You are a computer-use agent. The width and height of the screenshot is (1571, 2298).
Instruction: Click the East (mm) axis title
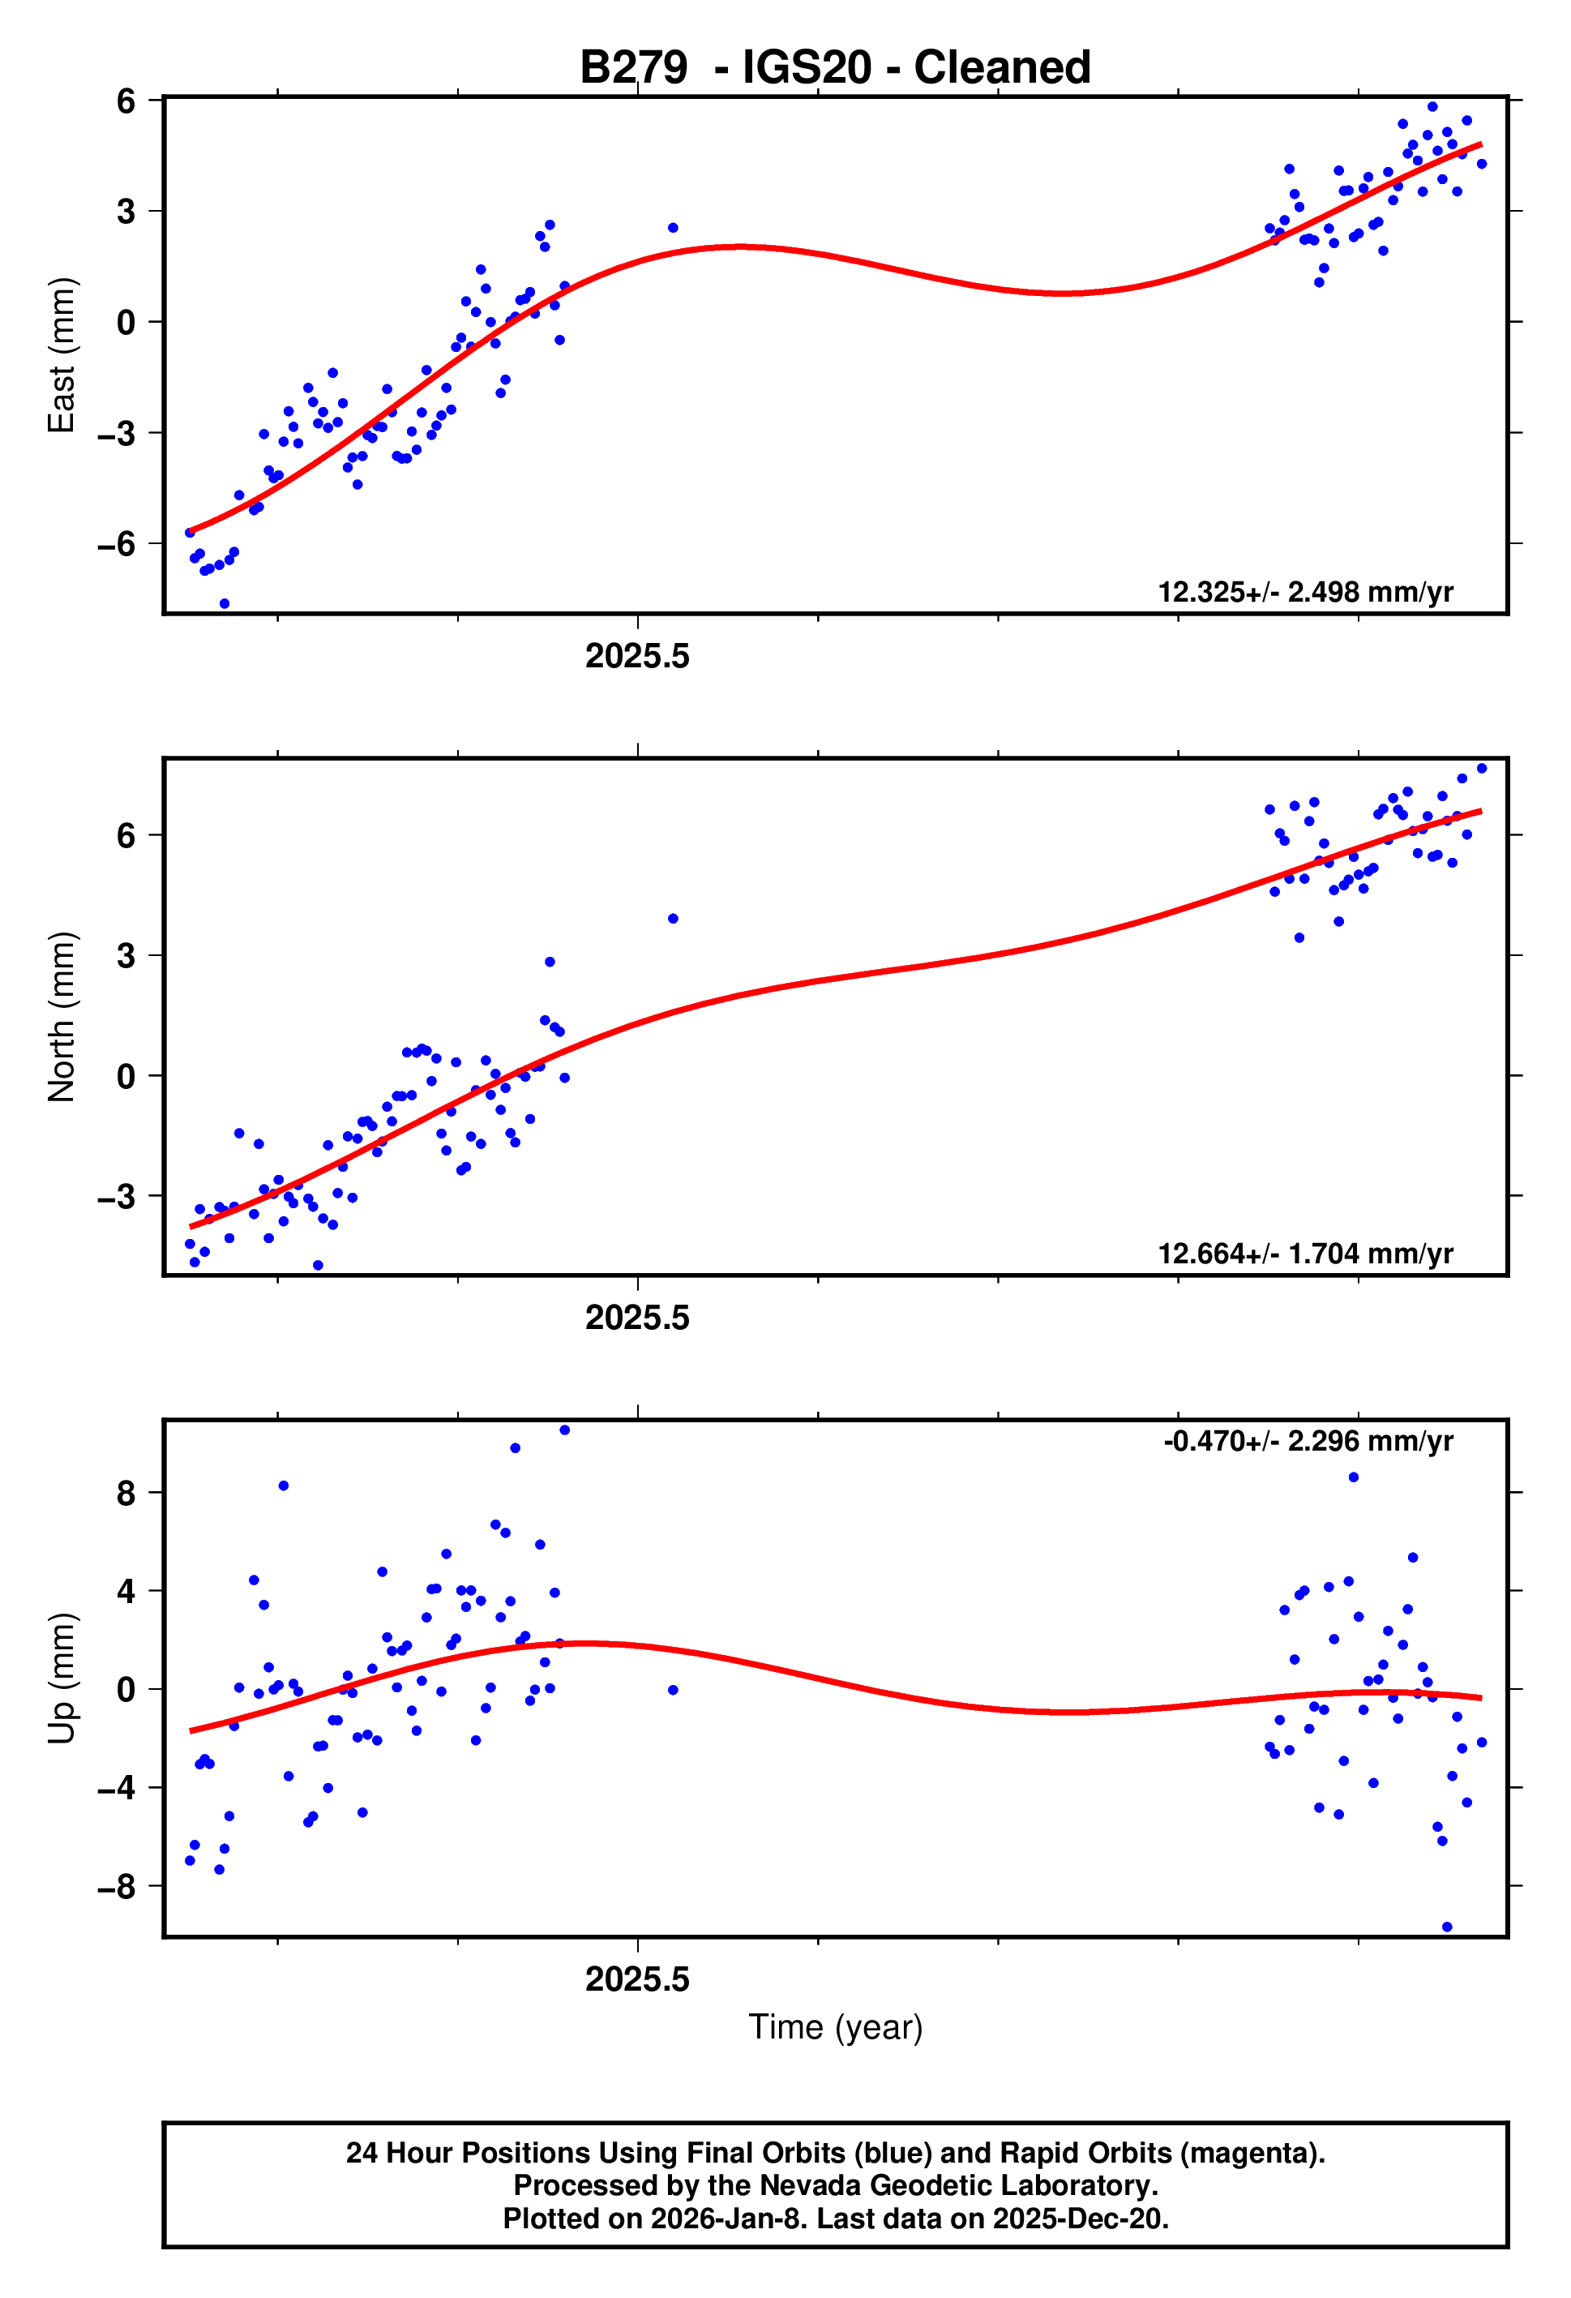pyautogui.click(x=62, y=355)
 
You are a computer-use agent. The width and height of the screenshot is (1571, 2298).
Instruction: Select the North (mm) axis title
pyautogui.click(x=62, y=1017)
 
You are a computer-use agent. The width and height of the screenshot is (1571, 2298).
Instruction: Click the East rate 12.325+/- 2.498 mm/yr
pyautogui.click(x=1304, y=592)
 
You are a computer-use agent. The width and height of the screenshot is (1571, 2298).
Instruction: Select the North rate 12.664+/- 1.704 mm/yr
pyautogui.click(x=1304, y=1254)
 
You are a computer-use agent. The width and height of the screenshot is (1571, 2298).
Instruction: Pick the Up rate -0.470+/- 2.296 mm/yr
pyautogui.click(x=1307, y=1441)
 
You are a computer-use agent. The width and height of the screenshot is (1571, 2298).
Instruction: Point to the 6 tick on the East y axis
pyautogui.click(x=126, y=101)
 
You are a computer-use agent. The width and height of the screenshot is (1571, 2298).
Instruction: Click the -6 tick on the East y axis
pyautogui.click(x=117, y=544)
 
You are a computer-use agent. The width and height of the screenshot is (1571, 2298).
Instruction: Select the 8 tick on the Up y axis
pyautogui.click(x=126, y=1493)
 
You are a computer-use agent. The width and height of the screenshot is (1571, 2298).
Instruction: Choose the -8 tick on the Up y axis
pyautogui.click(x=117, y=1887)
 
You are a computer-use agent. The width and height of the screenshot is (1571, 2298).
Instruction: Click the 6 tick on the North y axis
pyautogui.click(x=126, y=835)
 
